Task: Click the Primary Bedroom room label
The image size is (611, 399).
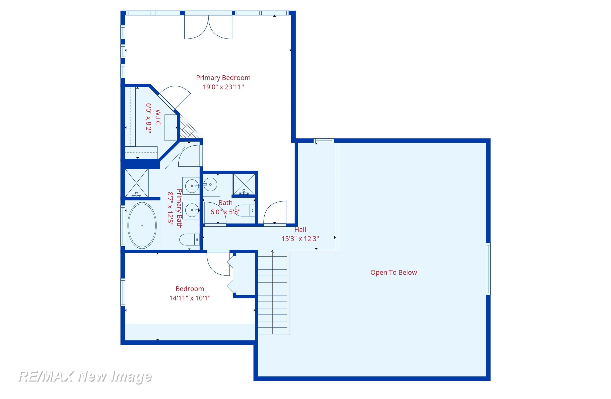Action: [223, 78]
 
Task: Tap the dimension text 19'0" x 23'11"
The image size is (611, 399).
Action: [223, 87]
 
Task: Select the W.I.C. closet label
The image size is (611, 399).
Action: [158, 118]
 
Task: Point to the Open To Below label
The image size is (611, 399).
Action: [393, 273]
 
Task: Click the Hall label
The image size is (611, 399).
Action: [300, 229]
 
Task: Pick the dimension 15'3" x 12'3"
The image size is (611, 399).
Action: [300, 239]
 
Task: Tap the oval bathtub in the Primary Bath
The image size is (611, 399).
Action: [142, 225]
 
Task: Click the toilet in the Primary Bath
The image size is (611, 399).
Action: [189, 240]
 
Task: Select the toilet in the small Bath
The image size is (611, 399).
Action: [245, 210]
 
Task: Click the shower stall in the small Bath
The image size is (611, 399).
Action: [244, 184]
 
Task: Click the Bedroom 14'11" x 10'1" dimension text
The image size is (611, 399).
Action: [190, 298]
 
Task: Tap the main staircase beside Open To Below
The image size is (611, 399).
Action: [272, 292]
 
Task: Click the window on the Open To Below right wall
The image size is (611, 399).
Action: [488, 269]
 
